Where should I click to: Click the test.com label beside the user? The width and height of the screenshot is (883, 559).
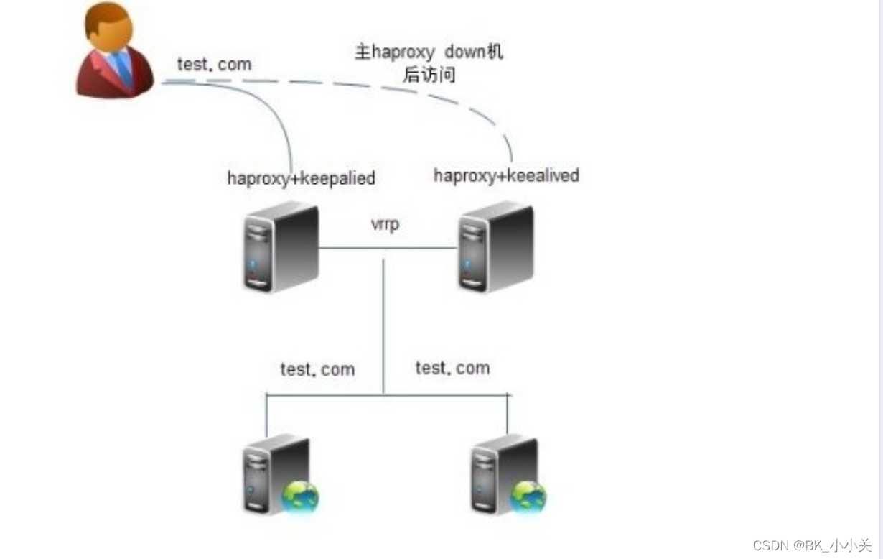click(214, 65)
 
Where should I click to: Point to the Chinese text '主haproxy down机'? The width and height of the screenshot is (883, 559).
click(429, 52)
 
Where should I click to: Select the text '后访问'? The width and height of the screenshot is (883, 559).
click(429, 74)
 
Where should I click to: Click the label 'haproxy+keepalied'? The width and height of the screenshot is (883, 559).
click(301, 178)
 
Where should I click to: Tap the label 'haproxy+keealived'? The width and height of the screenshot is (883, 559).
click(506, 175)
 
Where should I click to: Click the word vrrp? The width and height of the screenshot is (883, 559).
click(385, 223)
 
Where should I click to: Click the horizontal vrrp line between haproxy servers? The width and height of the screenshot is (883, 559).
click(388, 248)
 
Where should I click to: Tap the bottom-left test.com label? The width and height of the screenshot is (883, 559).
click(317, 369)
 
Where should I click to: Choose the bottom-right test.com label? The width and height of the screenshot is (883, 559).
click(452, 368)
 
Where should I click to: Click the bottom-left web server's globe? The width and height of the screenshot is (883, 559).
click(300, 496)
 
